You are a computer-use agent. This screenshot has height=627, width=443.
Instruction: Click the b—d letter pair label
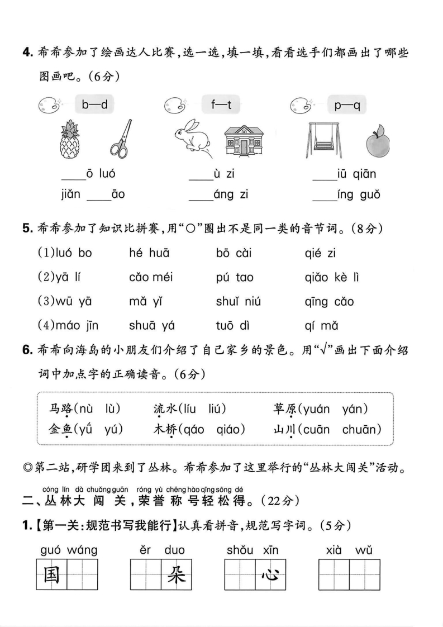click(x=94, y=104)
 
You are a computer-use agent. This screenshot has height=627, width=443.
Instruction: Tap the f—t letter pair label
click(x=221, y=104)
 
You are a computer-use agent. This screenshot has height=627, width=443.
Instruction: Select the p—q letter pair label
click(x=347, y=104)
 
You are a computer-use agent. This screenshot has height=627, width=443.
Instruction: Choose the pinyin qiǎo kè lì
click(x=332, y=278)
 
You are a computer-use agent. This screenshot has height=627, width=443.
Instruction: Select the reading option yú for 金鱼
click(x=112, y=429)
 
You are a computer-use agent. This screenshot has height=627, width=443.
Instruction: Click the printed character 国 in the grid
click(x=51, y=574)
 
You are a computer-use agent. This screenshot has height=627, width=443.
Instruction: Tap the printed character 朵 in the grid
click(x=176, y=574)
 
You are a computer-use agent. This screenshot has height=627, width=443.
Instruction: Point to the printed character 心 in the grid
click(x=270, y=574)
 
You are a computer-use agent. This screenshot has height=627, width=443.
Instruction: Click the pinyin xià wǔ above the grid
click(x=349, y=550)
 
